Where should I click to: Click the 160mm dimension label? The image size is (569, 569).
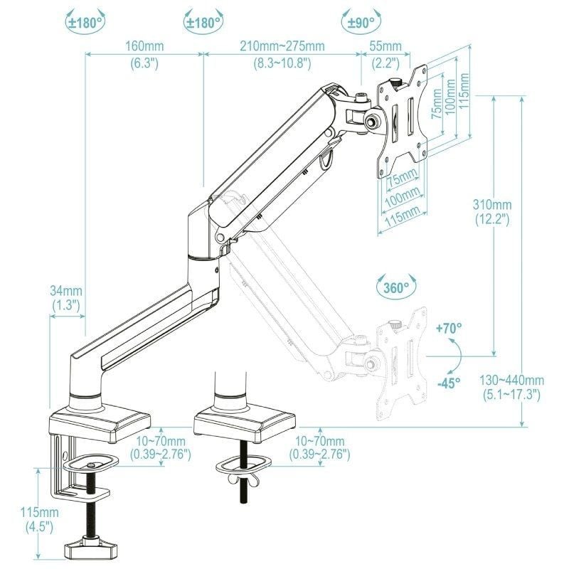coord(144,47)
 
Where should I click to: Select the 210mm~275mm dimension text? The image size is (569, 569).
coord(282,47)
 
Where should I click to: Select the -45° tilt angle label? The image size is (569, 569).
coord(448,382)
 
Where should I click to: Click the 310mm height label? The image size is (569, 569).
coord(491,205)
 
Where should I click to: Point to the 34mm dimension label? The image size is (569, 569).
coord(65,290)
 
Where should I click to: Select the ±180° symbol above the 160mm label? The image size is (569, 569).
coord(85,21)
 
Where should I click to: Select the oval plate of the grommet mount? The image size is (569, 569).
coord(242,464)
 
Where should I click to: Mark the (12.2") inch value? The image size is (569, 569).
coord(491,219)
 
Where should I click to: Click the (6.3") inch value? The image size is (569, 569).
coord(144,62)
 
